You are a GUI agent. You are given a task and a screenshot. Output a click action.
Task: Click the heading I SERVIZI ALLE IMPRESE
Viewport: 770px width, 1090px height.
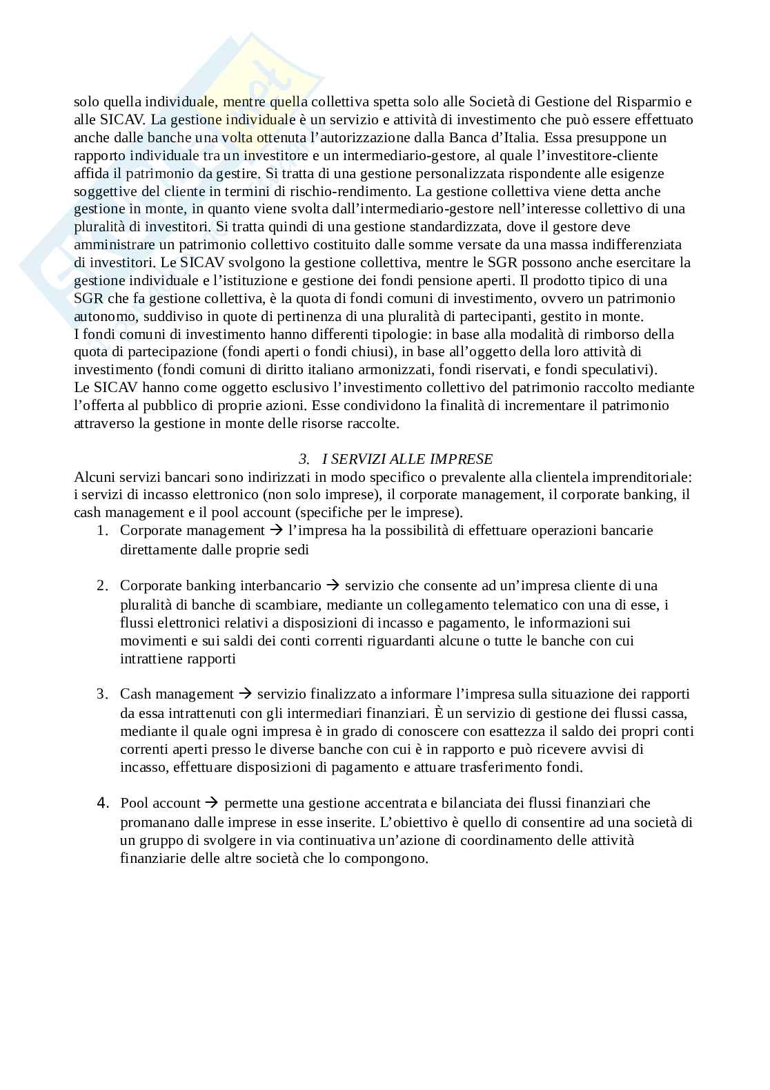click(x=407, y=459)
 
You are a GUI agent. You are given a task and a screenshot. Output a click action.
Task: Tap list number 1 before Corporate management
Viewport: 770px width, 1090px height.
click(x=102, y=531)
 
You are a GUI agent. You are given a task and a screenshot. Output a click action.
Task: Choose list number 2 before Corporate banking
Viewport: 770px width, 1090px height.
click(x=102, y=586)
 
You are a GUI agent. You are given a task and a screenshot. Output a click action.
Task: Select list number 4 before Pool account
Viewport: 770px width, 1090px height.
click(x=102, y=803)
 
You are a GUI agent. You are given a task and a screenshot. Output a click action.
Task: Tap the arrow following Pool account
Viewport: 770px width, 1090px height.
click(x=213, y=803)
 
